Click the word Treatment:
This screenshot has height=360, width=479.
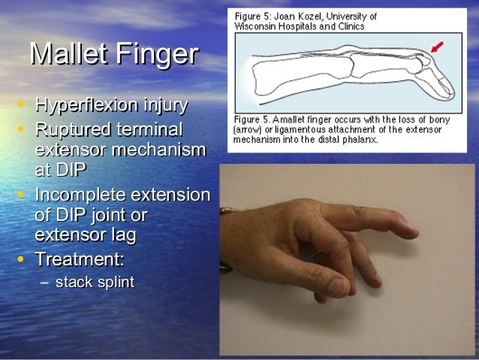[80, 260]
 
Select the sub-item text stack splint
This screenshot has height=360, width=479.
[95, 283]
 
